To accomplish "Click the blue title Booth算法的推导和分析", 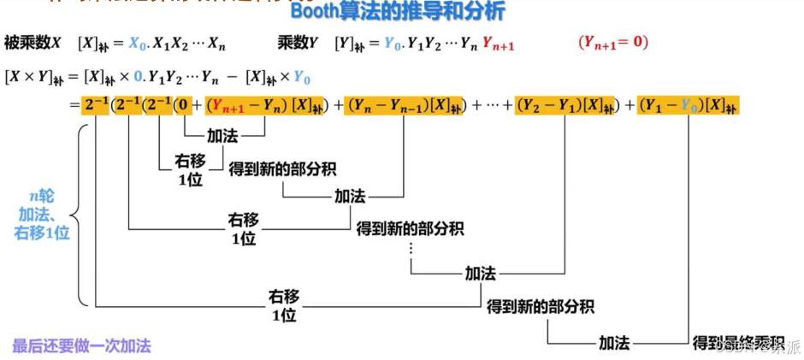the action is point(398,12).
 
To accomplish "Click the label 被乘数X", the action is point(33,43).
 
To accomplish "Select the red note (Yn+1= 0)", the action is point(612,42).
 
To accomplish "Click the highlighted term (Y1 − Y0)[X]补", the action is point(688,106).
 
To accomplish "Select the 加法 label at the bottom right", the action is point(614,343).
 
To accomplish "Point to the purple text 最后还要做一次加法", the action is point(81,346).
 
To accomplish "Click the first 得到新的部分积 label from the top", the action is point(281,168).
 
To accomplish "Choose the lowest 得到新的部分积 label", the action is point(540,306).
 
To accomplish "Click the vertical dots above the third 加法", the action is point(411,249).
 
